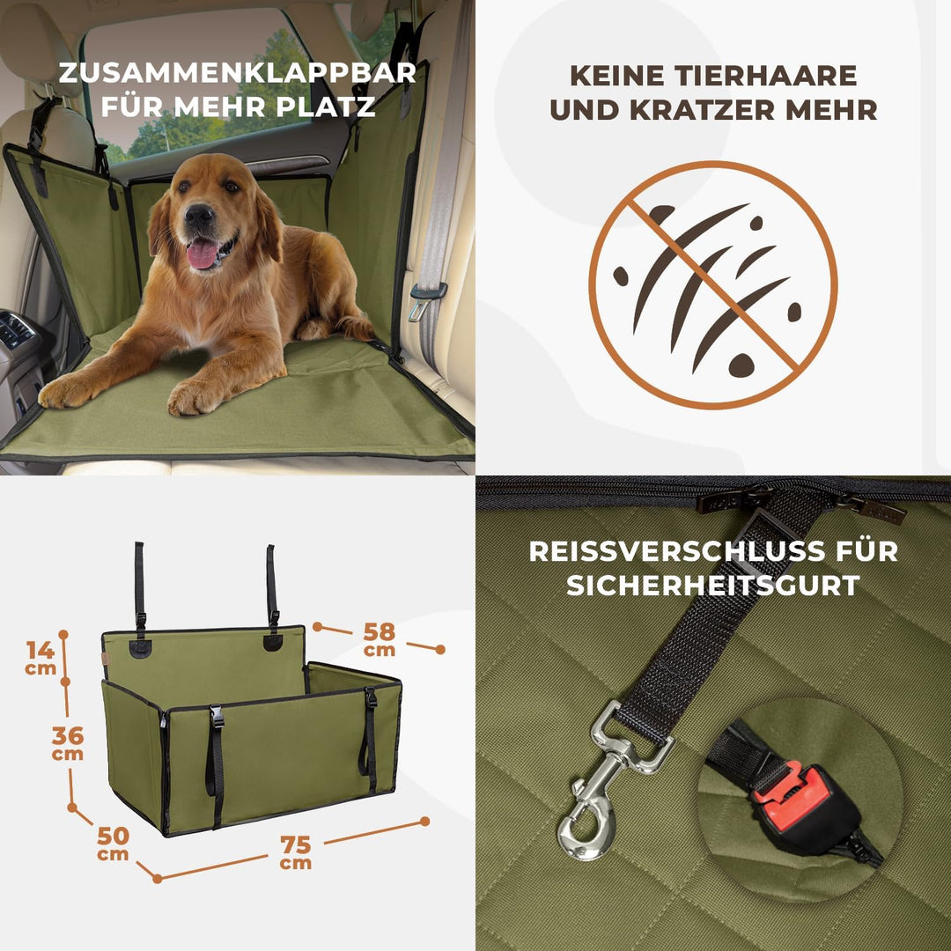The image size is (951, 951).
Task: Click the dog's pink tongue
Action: coord(203,254)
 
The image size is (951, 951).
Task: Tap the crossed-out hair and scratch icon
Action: coord(712,284)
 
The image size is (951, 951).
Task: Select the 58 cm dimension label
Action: coord(380,639)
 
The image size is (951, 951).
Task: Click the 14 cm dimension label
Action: coord(41,657)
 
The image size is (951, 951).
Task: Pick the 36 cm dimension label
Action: coord(68,742)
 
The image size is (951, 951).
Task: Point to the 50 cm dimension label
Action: coord(113,842)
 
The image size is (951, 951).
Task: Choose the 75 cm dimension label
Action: coord(296,851)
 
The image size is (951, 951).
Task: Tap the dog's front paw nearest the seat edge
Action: coord(195,397)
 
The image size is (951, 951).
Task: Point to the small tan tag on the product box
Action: coord(106,660)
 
